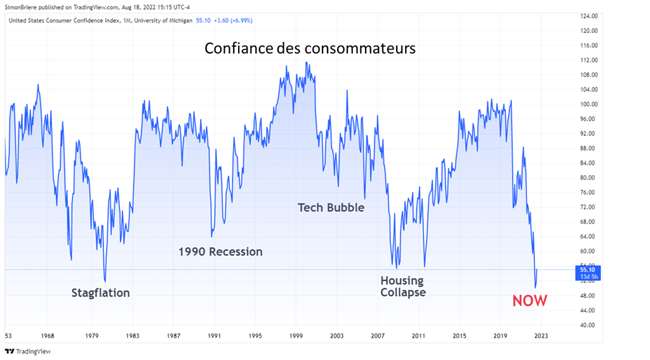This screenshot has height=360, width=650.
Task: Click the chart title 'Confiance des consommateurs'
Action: click(310, 48)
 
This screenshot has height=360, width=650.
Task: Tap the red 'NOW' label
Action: click(529, 300)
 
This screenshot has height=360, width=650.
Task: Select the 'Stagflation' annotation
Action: click(100, 293)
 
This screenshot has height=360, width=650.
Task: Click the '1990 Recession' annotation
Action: click(220, 251)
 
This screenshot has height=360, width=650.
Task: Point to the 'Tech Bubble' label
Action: click(331, 207)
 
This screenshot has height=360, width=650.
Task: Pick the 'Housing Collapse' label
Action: click(403, 286)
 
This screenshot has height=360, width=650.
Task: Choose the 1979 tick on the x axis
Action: click(91, 336)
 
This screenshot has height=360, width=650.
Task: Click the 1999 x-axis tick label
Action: click(296, 336)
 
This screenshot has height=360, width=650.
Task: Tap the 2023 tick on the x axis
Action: click(541, 336)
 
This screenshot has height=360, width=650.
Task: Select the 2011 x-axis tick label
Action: click(418, 336)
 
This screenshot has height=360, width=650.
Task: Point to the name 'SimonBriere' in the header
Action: click(22, 8)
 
